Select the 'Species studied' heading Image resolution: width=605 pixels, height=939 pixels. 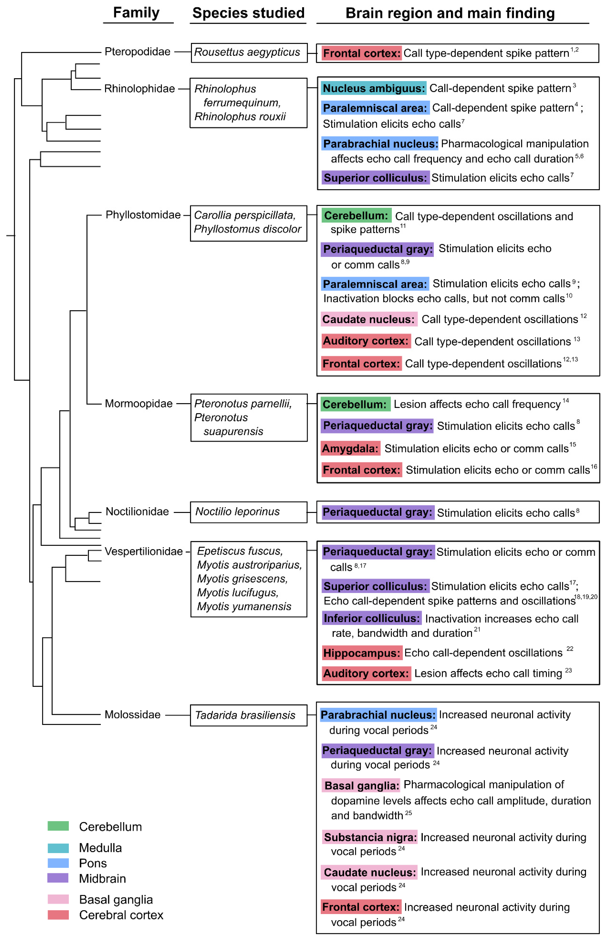pyautogui.click(x=248, y=13)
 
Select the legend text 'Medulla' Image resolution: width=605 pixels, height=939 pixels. pyautogui.click(x=100, y=848)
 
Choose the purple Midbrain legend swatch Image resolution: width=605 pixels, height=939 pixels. pyautogui.click(x=58, y=878)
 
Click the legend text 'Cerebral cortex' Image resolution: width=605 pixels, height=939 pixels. pyautogui.click(x=121, y=915)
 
